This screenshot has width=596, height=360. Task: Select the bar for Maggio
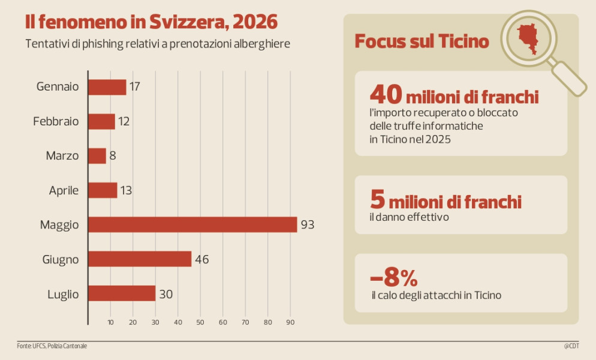(x=192, y=224)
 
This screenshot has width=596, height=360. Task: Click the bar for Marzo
(x=97, y=155)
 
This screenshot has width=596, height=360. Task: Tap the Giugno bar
(x=140, y=259)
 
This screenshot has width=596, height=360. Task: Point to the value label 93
(x=308, y=224)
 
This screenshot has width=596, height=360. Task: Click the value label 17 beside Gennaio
(x=134, y=87)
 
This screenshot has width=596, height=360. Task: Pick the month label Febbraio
(x=56, y=121)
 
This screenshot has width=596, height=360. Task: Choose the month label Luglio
(x=63, y=294)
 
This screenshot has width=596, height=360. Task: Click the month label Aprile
(x=64, y=190)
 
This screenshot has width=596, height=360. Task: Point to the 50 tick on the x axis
(x=200, y=322)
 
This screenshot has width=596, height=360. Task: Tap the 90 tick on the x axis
(x=290, y=322)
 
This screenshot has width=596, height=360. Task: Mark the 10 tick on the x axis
(x=110, y=322)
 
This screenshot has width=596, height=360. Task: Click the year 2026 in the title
(x=255, y=22)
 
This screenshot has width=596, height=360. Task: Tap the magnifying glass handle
(x=568, y=79)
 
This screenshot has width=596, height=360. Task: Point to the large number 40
(x=386, y=94)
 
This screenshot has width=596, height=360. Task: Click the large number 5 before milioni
(x=377, y=199)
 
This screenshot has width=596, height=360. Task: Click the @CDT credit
(x=571, y=346)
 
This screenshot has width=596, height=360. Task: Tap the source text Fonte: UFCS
(x=31, y=346)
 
